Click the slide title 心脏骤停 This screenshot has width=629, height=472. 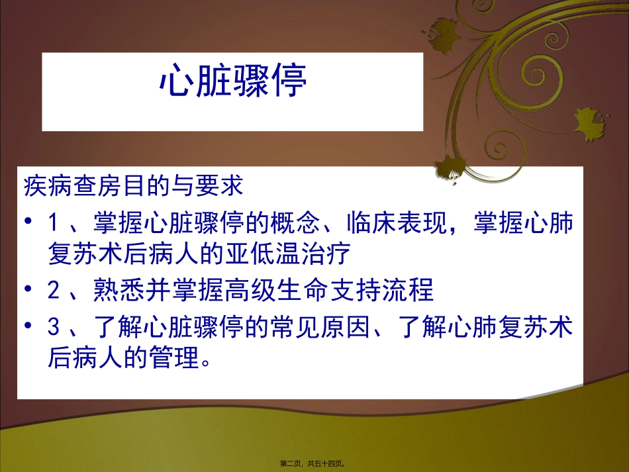(232, 83)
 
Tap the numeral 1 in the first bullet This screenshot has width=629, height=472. (54, 224)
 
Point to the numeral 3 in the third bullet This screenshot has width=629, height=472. (54, 329)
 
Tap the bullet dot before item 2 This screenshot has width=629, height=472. (27, 289)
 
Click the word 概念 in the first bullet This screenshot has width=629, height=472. (292, 224)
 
